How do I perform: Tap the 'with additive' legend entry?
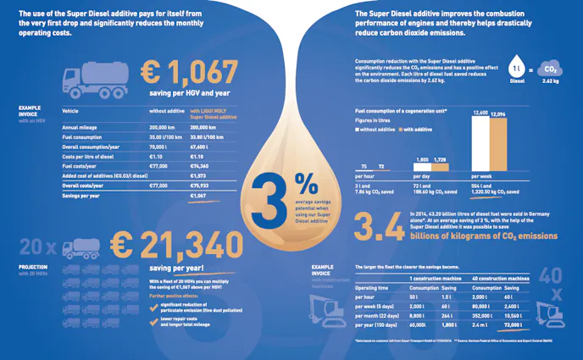418,129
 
